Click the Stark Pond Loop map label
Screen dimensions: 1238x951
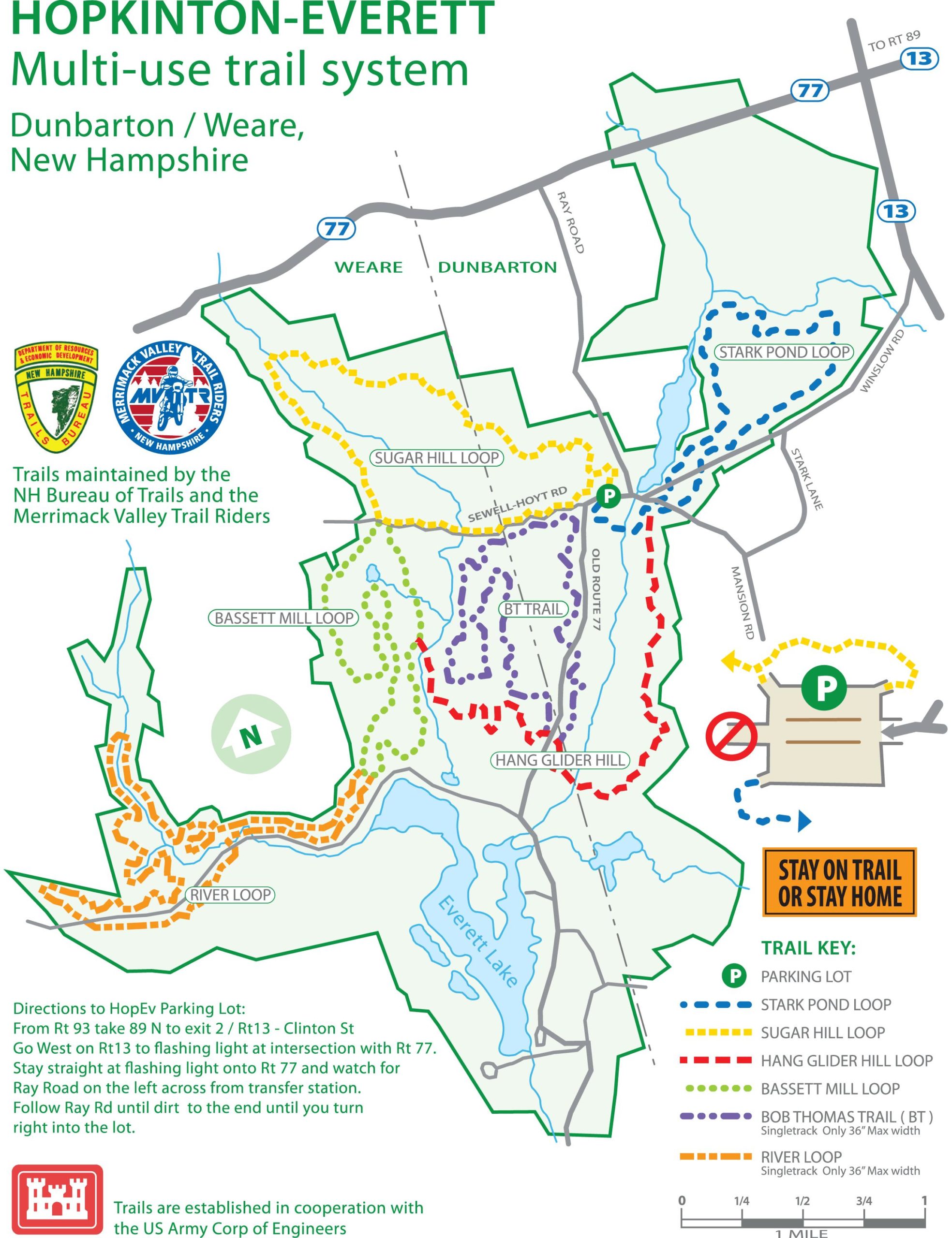pyautogui.click(x=785, y=352)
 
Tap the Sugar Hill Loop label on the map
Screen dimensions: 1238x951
pyautogui.click(x=437, y=458)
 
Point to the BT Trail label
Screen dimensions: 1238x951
pyautogui.click(x=532, y=609)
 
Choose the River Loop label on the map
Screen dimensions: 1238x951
pyautogui.click(x=230, y=895)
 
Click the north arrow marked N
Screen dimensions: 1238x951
pyautogui.click(x=251, y=735)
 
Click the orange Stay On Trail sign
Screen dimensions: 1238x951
pyautogui.click(x=839, y=882)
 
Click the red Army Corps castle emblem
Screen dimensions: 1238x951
pyautogui.click(x=57, y=1194)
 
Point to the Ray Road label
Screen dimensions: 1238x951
pyautogui.click(x=571, y=222)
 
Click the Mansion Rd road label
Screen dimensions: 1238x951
pyautogui.click(x=743, y=603)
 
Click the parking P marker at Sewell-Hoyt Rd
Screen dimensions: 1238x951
pyautogui.click(x=609, y=496)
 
